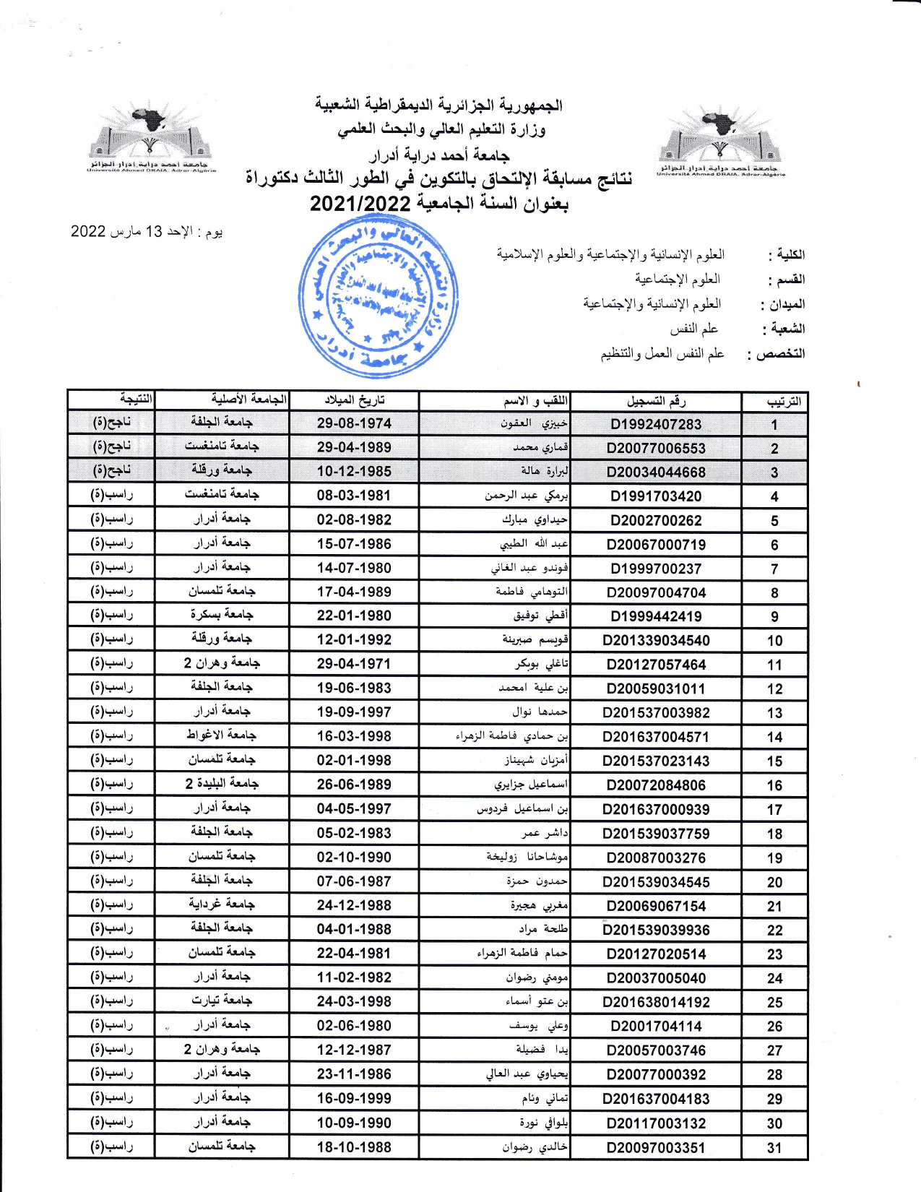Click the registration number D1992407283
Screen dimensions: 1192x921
[x=656, y=424]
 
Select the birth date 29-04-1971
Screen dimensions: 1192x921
[x=354, y=664]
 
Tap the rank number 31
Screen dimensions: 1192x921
[x=774, y=1148]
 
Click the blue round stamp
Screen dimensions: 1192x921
[x=378, y=296]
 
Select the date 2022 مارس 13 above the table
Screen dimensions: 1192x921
[x=146, y=232]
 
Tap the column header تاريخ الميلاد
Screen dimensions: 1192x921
[x=354, y=400]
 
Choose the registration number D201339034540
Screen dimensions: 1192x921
[x=656, y=641]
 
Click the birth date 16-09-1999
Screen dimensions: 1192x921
[x=354, y=1099]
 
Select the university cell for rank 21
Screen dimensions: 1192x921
[x=222, y=904]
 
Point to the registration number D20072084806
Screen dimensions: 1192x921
[x=656, y=785]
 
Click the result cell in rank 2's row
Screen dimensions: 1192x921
[x=112, y=446]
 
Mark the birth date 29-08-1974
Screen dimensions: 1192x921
[x=354, y=423]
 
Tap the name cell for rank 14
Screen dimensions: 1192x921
[x=511, y=737]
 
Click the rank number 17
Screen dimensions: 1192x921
[x=774, y=810]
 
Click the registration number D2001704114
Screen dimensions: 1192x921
[x=656, y=1027]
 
